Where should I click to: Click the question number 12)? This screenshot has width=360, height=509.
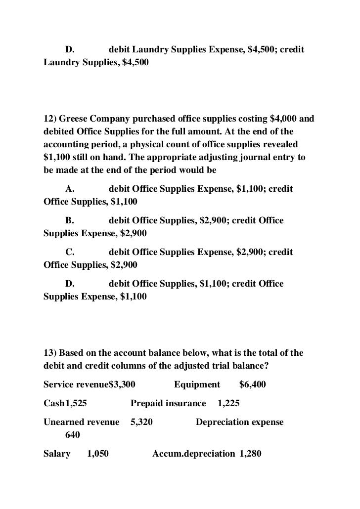point(50,120)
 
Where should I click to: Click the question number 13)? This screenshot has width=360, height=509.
point(50,353)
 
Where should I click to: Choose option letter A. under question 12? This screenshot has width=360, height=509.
point(70,189)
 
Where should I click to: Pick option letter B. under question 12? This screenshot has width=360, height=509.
point(70,220)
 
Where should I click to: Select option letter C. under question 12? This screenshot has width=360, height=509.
point(70,252)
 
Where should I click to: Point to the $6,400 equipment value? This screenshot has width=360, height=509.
point(253,384)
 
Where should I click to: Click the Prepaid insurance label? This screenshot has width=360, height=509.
point(168,403)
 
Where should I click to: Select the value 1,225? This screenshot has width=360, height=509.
point(228,403)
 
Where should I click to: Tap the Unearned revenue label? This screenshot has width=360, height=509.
point(82,423)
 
